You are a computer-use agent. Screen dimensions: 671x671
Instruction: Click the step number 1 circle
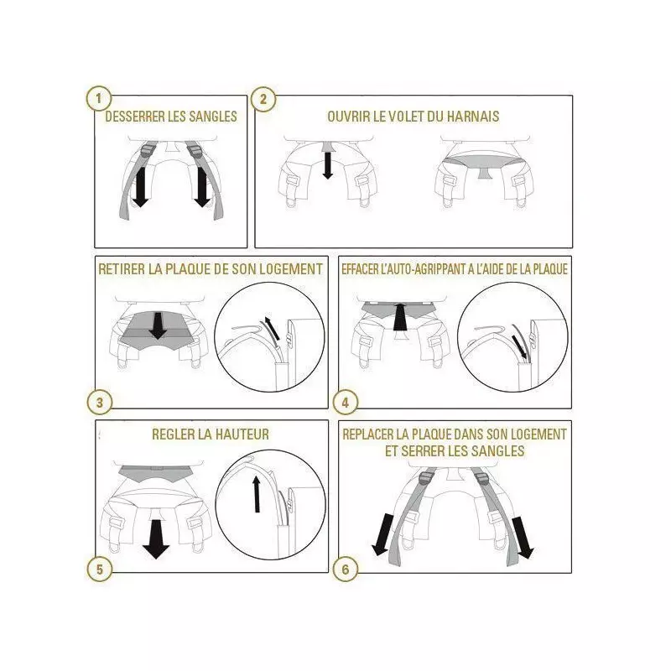(98, 99)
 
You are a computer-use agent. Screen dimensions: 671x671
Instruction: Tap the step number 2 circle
(263, 99)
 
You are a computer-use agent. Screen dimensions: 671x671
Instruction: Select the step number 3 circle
(99, 403)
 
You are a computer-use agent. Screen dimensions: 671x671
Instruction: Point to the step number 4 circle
(346, 403)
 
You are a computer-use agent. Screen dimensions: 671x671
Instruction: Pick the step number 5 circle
(99, 570)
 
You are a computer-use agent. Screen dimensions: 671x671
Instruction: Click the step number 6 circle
(346, 570)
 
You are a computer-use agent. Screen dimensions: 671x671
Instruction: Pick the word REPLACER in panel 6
(368, 434)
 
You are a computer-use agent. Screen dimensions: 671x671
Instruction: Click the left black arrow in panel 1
(140, 187)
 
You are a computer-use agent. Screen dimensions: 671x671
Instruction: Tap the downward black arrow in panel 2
(328, 165)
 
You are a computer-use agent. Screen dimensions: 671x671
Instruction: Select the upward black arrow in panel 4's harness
(400, 317)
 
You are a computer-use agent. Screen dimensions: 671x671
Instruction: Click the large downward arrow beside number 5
(156, 538)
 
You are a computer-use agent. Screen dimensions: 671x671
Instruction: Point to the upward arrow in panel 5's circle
(257, 494)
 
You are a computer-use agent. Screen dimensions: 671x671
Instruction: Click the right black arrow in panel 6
(523, 538)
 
